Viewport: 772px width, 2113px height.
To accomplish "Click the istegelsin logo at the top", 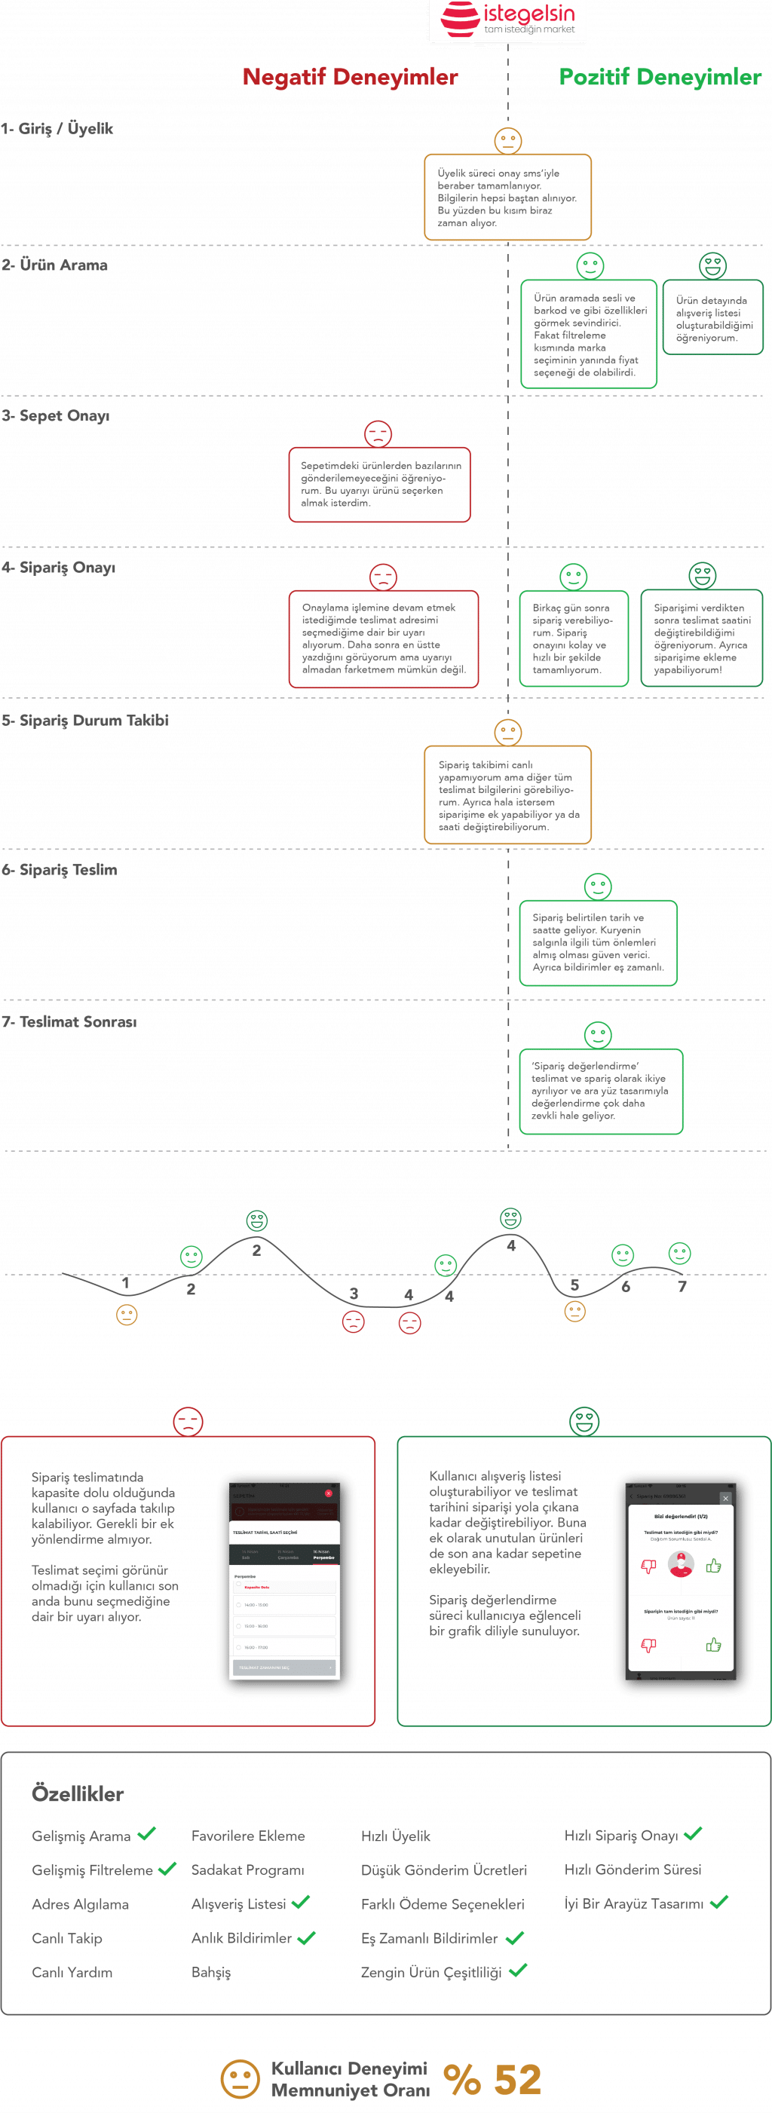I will tap(508, 20).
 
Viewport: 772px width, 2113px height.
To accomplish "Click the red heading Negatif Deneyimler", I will tap(351, 77).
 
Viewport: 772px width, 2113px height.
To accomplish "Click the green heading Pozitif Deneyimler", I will tap(660, 77).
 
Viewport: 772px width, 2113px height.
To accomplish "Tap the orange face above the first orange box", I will tap(508, 140).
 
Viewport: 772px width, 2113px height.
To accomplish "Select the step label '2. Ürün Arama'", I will tap(55, 265).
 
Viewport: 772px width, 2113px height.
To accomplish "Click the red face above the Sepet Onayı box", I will tap(378, 434).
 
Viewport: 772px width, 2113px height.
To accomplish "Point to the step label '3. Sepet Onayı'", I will tap(56, 416).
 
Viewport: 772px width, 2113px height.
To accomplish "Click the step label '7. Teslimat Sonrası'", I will tap(69, 1022).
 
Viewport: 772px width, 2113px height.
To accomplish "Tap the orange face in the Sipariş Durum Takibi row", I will tap(508, 733).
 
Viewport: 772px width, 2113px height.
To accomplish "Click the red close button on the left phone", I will tap(328, 1493).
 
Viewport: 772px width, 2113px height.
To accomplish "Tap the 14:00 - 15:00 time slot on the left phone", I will tap(257, 1604).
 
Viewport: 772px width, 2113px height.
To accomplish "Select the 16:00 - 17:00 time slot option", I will tap(257, 1647).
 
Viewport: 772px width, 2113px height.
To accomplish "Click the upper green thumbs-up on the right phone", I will tap(714, 1565).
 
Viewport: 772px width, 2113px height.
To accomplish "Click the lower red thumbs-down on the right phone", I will tap(648, 1645).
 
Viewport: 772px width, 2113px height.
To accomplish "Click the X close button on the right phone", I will tap(725, 1498).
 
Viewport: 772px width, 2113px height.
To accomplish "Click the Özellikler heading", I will tap(77, 1793).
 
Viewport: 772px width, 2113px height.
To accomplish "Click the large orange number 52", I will tap(517, 2079).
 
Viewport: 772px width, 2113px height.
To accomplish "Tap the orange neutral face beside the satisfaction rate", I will tap(240, 2079).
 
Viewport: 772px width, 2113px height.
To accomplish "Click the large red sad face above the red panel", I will tap(188, 1422).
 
